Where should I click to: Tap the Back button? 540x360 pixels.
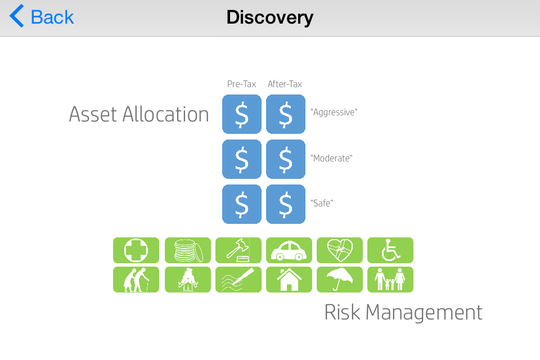(x=42, y=16)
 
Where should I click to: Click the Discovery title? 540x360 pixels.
(x=270, y=17)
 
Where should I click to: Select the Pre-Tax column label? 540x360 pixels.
(x=241, y=84)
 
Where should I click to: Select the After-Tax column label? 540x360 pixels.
(x=285, y=84)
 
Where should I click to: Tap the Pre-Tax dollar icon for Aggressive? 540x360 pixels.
(x=242, y=114)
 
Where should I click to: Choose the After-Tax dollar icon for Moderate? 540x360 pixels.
(x=286, y=159)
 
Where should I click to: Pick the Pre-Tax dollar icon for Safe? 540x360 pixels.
(x=242, y=204)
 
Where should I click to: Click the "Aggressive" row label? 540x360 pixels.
(x=334, y=112)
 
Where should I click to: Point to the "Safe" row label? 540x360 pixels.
(x=322, y=203)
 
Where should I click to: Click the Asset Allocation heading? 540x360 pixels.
(x=139, y=114)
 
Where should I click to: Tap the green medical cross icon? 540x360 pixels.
(x=136, y=250)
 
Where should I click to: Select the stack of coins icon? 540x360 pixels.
(x=188, y=250)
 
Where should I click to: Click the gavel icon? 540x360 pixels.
(x=238, y=250)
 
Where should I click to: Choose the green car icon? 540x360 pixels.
(x=289, y=250)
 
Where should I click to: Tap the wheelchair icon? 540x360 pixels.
(x=390, y=250)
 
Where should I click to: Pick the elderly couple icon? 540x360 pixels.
(x=136, y=280)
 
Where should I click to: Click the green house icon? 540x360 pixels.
(x=289, y=280)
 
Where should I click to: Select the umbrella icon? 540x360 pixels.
(x=340, y=280)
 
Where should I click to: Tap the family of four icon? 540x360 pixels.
(x=390, y=280)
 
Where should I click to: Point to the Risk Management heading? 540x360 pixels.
(x=403, y=312)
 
